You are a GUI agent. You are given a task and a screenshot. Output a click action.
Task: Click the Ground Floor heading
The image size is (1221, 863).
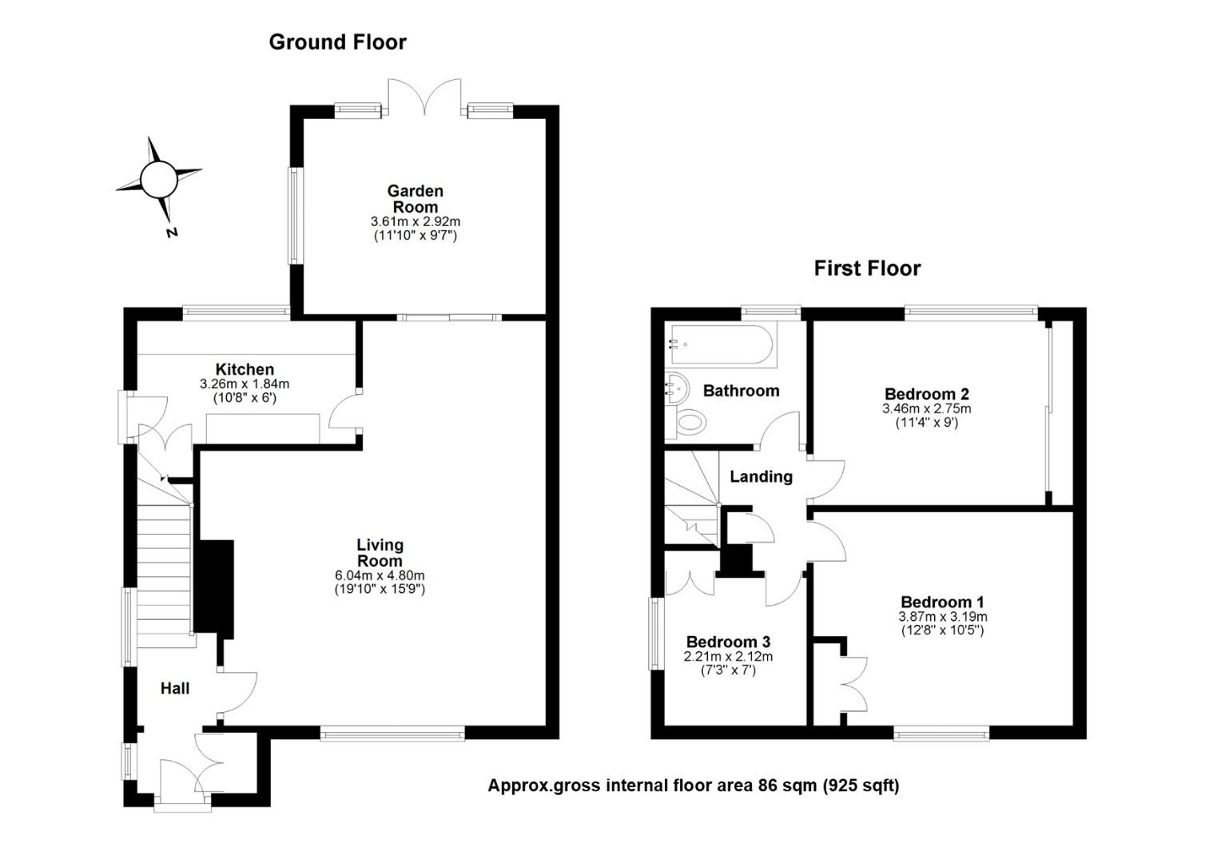click(x=337, y=42)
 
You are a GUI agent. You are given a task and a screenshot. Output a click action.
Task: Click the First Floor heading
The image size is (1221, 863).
click(x=867, y=268)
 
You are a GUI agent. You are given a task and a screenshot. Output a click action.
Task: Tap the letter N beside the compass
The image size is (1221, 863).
click(x=173, y=233)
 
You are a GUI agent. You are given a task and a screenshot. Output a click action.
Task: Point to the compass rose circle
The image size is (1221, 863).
click(x=159, y=179)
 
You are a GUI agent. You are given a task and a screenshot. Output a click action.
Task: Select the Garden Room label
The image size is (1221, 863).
click(x=416, y=199)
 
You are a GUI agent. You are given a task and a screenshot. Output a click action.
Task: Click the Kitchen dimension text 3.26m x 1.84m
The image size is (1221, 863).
click(x=245, y=384)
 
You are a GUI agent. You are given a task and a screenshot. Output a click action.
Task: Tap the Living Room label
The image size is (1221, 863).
click(x=380, y=552)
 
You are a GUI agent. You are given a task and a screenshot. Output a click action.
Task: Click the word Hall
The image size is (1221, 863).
click(x=175, y=689)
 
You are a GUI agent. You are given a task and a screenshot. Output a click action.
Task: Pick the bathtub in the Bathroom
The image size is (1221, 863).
click(x=722, y=345)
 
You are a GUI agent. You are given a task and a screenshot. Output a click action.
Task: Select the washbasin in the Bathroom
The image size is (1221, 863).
click(x=677, y=388)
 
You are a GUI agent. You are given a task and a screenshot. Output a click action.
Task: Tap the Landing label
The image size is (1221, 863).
click(x=761, y=477)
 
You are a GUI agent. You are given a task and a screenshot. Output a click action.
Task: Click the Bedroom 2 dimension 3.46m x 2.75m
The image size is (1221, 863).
click(x=927, y=408)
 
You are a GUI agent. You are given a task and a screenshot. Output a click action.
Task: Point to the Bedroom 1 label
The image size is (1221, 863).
click(x=942, y=603)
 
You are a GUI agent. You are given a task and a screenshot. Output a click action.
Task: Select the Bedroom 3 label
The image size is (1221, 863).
click(x=728, y=642)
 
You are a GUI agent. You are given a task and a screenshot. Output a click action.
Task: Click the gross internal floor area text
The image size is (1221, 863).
click(x=694, y=785)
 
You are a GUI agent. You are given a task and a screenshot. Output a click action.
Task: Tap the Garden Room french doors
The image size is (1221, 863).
click(x=424, y=97)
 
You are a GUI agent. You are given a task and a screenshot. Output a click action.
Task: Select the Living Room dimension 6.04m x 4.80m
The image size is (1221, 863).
click(x=380, y=575)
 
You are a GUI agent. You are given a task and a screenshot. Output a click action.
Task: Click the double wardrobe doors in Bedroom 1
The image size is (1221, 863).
click(x=853, y=684)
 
